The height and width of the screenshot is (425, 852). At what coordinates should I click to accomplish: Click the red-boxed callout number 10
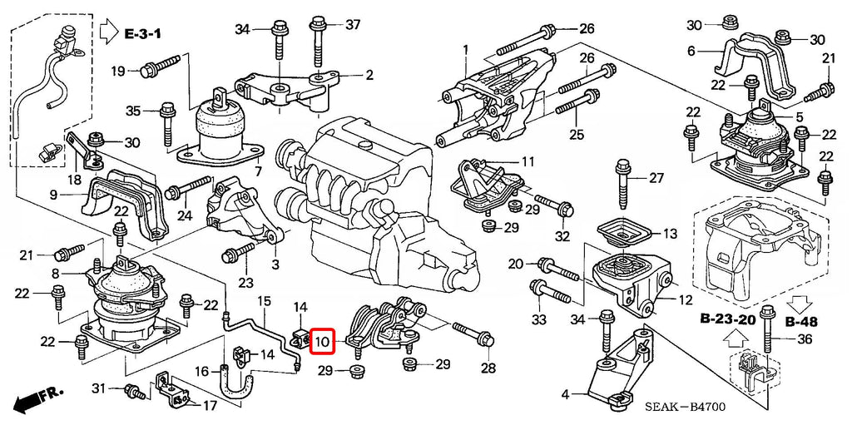coord(323,341)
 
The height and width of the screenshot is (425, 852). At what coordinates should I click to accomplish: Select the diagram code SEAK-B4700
coord(686,407)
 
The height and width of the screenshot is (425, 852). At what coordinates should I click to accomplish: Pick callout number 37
coord(353,24)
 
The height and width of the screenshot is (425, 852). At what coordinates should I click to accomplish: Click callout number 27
coord(656,177)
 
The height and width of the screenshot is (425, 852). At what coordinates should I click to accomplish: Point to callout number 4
coord(565,394)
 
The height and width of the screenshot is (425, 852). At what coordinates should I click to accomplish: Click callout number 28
coord(488,368)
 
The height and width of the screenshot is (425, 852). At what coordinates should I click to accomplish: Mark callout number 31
coord(99,388)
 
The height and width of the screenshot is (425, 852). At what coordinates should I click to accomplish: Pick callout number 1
coord(466,49)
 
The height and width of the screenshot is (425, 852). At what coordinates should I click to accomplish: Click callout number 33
coord(539,319)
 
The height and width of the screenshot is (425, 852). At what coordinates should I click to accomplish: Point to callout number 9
coord(53,195)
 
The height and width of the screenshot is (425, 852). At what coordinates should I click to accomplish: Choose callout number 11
coord(528,161)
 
